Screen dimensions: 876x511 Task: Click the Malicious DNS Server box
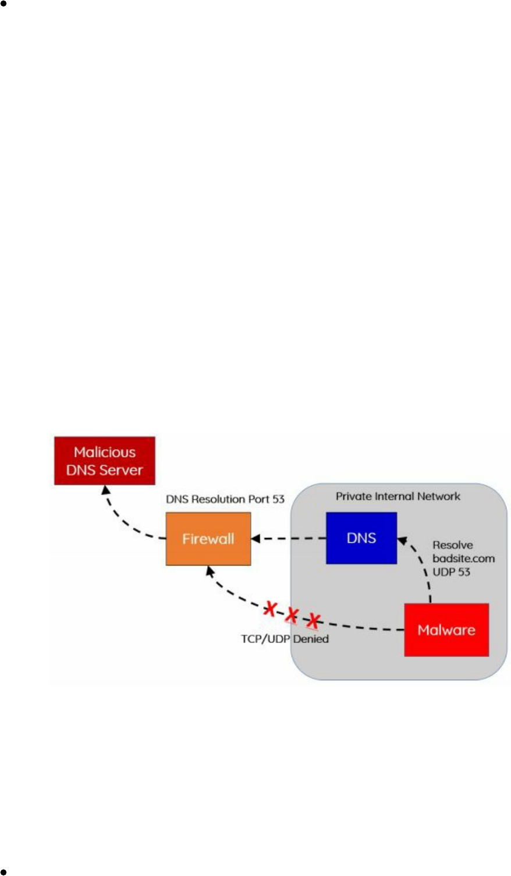tap(105, 461)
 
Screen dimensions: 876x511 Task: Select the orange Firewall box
tap(208, 539)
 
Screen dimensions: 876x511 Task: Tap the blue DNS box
tap(361, 538)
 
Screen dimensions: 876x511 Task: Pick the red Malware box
tap(446, 630)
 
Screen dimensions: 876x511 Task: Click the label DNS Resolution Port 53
tap(225, 499)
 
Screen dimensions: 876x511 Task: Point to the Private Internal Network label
tap(398, 496)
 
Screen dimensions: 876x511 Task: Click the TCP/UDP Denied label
tap(285, 639)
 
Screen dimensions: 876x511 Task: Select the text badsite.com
tap(463, 559)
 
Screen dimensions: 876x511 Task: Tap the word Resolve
tap(453, 545)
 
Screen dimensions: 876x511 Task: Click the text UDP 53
tap(451, 572)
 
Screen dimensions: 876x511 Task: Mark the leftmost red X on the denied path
tap(270, 609)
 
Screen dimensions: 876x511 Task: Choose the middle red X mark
tap(292, 614)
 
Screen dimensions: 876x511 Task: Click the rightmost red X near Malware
tap(314, 621)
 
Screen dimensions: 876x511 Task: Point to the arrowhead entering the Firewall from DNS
tap(255, 539)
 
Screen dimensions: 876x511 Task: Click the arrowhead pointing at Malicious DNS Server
tap(105, 490)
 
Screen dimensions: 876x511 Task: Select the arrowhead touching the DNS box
tap(401, 541)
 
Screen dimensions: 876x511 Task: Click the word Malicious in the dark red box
tap(105, 453)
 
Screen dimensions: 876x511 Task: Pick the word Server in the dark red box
tap(124, 470)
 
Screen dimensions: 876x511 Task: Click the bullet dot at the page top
tap(3, 3)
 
